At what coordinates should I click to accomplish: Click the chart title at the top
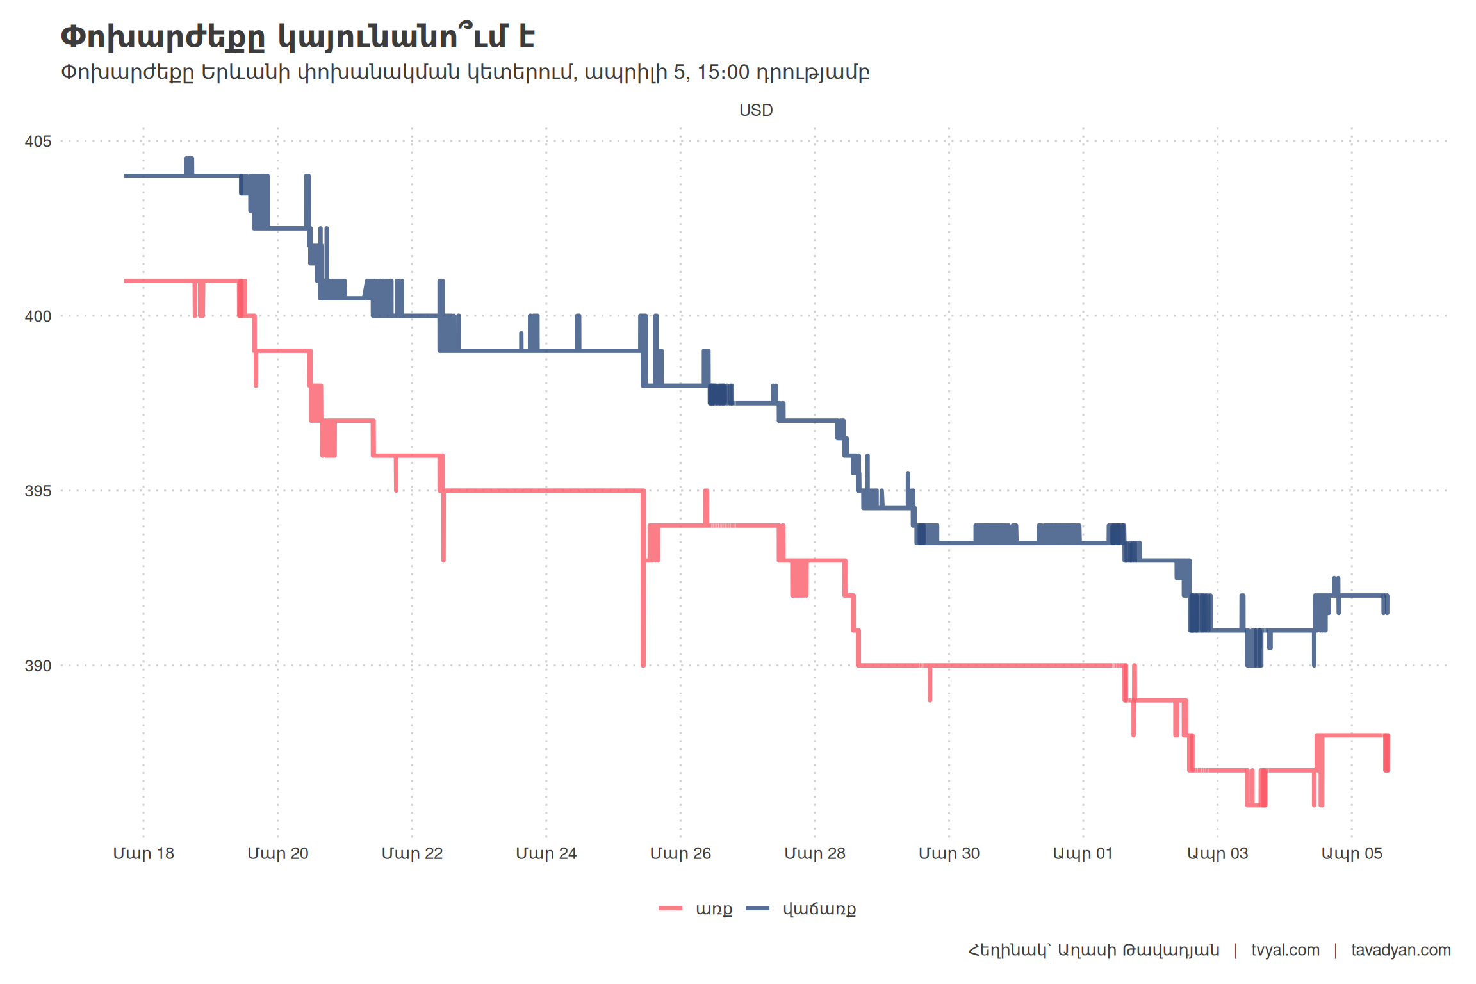(297, 37)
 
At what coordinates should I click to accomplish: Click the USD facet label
(756, 110)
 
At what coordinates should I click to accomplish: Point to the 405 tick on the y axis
(38, 141)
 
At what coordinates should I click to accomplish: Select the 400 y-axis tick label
(38, 316)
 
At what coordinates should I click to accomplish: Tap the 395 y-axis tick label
(38, 491)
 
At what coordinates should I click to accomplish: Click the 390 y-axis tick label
(38, 666)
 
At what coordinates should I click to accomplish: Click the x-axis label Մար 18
(143, 853)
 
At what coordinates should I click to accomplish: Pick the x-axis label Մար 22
(412, 853)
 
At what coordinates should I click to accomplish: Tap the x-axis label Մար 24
(546, 853)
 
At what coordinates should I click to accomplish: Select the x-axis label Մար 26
(680, 853)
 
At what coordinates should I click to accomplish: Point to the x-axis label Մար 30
(949, 853)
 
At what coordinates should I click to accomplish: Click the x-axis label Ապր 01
(1083, 853)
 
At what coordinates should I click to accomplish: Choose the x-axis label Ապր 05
(1352, 853)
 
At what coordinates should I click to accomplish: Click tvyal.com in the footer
(1285, 950)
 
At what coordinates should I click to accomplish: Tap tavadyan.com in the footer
(1400, 950)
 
